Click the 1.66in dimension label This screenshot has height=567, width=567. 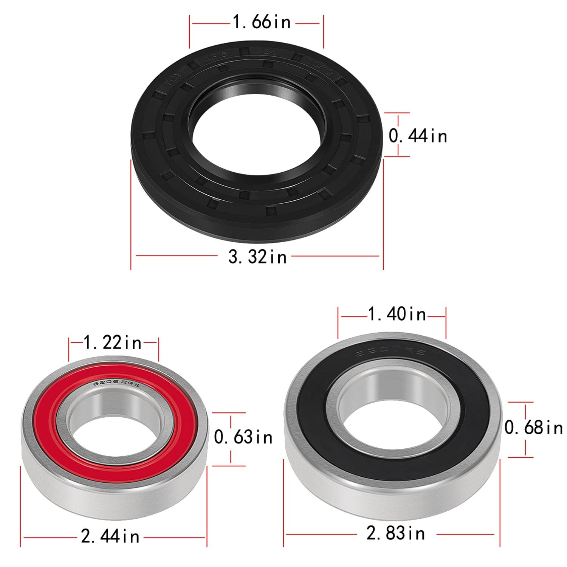(x=262, y=22)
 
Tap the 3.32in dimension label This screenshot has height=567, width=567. (x=257, y=257)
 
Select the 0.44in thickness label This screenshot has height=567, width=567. (x=418, y=136)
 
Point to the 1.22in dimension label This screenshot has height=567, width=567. (x=112, y=343)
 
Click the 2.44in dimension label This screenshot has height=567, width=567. (x=110, y=536)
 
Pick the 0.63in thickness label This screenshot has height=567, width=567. (x=243, y=437)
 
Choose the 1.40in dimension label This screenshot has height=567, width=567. (x=397, y=314)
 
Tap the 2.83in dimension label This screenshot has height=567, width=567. (x=396, y=534)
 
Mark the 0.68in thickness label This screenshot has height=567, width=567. (x=533, y=428)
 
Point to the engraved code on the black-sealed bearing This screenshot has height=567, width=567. (x=391, y=353)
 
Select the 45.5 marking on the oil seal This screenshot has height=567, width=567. (x=216, y=56)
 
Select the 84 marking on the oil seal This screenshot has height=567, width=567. (x=270, y=52)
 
